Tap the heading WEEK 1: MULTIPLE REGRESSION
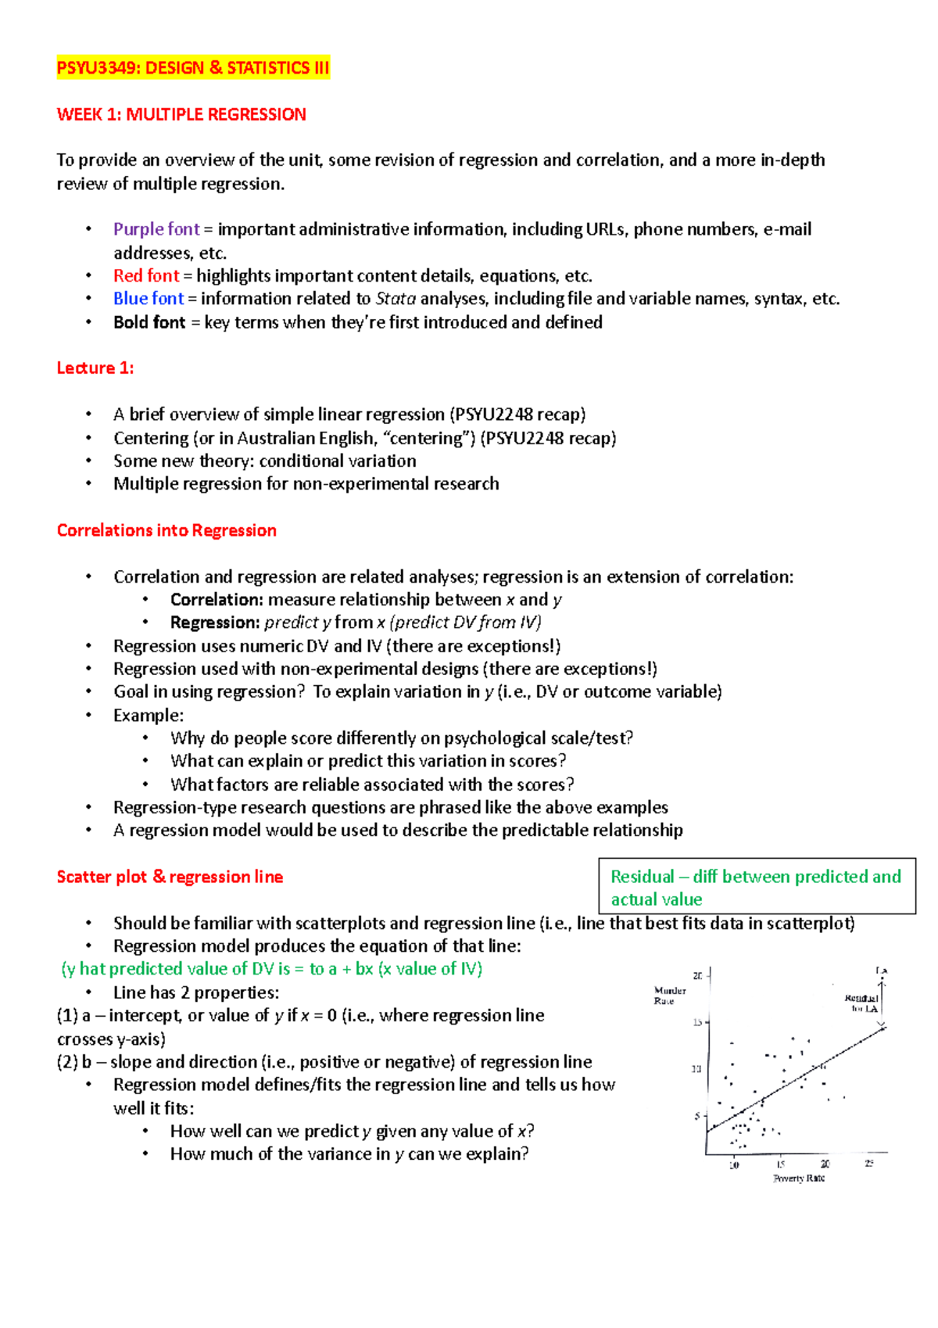181,114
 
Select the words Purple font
156,229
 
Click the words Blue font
149,299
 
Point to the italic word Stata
396,299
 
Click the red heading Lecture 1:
95,368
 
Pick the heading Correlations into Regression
166,530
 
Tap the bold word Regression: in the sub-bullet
214,623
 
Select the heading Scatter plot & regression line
170,877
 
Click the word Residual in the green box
642,877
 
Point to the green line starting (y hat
271,969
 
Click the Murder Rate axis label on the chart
669,996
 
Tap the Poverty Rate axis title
798,1178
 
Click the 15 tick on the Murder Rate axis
697,1022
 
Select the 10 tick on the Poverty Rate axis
734,1165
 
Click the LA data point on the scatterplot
882,971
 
